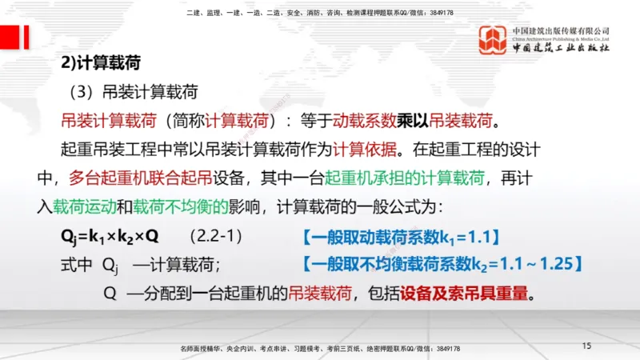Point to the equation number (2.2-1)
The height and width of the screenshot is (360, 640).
point(215,237)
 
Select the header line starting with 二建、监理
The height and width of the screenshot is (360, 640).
point(319,13)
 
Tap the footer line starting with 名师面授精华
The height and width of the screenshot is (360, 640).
point(320,349)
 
